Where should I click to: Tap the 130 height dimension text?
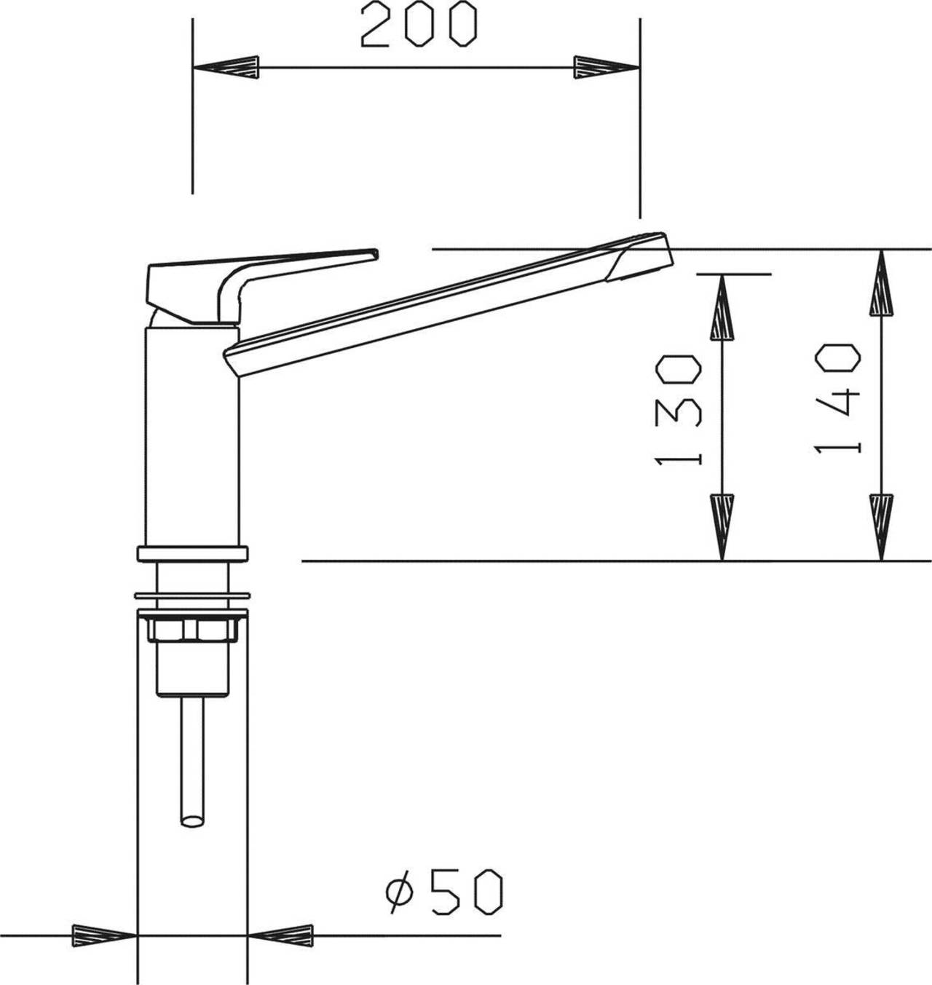point(678,409)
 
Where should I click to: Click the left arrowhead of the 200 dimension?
point(226,68)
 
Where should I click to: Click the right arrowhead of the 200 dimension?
point(607,68)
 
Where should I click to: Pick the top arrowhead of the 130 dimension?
point(722,306)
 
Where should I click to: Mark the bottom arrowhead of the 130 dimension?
point(722,528)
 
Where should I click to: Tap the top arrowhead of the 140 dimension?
point(881,282)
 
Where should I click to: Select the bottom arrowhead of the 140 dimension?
point(881,528)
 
